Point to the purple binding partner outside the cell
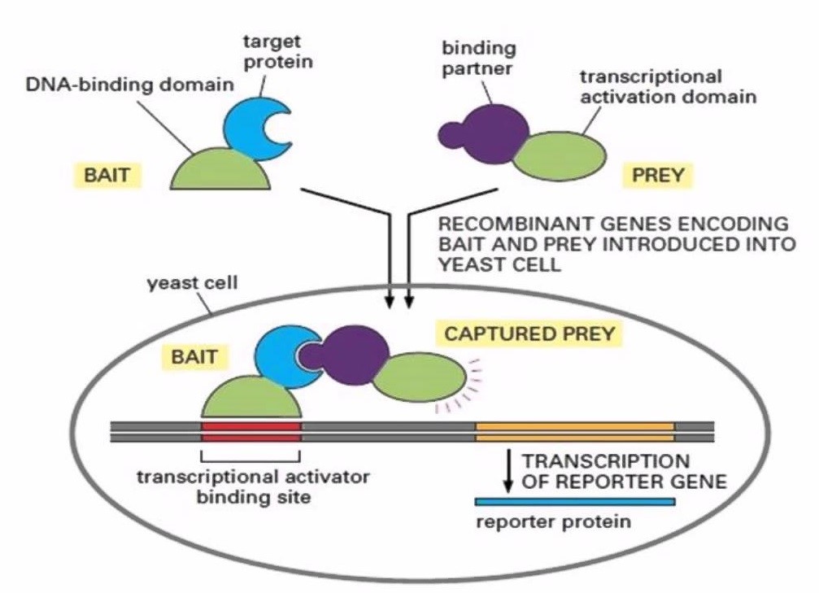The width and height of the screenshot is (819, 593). [482, 129]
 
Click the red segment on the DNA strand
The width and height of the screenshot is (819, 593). [250, 430]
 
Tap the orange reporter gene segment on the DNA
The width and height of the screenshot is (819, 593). [574, 430]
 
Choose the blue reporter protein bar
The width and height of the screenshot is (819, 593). [574, 501]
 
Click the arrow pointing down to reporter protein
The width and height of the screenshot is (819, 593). [508, 469]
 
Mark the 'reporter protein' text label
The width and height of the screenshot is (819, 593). [553, 522]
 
